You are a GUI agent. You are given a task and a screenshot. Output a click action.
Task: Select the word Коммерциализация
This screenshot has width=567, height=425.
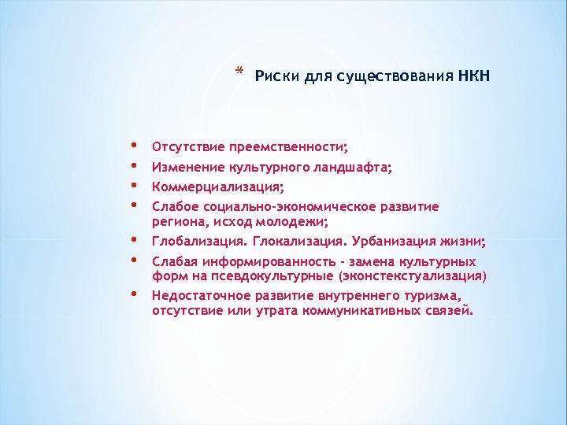(x=217, y=187)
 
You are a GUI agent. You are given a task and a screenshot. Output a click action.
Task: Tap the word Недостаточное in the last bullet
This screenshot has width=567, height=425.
(x=201, y=295)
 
